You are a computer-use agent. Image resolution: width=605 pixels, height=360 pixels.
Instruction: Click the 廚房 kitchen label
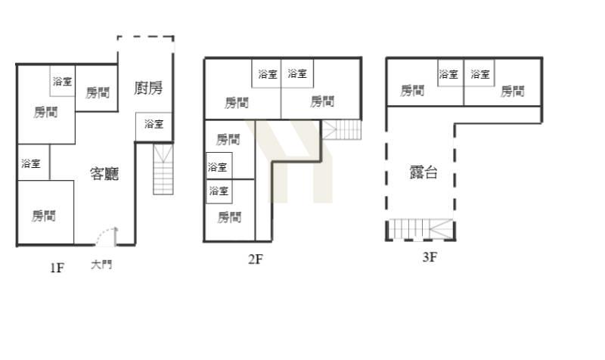pos(148,88)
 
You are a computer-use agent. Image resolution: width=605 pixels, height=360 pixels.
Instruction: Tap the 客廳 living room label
pos(104,174)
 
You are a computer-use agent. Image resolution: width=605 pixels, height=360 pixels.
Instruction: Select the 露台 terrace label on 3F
pos(423,172)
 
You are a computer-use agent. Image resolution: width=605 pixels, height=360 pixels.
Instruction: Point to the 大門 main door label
pos(101,265)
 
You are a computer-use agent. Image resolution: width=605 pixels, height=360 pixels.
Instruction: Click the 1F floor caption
pos(57,268)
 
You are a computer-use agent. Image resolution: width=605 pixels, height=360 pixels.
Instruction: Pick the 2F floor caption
pos(256,259)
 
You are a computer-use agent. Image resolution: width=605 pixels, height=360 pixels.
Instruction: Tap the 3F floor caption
pos(430,257)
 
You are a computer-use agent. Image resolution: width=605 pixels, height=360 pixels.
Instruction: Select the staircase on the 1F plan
pos(163,169)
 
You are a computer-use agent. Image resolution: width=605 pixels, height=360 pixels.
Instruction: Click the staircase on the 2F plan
pos(342,129)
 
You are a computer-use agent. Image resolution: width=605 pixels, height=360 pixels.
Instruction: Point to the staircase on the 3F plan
pos(420,229)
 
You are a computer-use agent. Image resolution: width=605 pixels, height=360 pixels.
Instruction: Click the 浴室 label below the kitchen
pos(154,124)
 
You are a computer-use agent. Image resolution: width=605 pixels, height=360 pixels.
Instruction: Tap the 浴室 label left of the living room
pos(31,163)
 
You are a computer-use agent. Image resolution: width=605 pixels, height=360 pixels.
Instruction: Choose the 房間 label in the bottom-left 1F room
pos(44,216)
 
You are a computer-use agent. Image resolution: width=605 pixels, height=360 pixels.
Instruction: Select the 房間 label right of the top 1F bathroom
pos(98,92)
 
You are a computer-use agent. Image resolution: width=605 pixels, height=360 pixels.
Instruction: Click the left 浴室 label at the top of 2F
pos(268,74)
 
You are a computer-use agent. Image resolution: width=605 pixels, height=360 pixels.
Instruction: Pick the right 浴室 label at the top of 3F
pos(480,73)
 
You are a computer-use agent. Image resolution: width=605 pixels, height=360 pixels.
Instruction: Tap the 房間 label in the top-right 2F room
pos(322,101)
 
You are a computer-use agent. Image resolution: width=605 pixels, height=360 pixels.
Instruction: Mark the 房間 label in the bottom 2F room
pos(229,217)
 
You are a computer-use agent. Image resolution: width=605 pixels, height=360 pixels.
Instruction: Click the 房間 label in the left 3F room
pos(412,91)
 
